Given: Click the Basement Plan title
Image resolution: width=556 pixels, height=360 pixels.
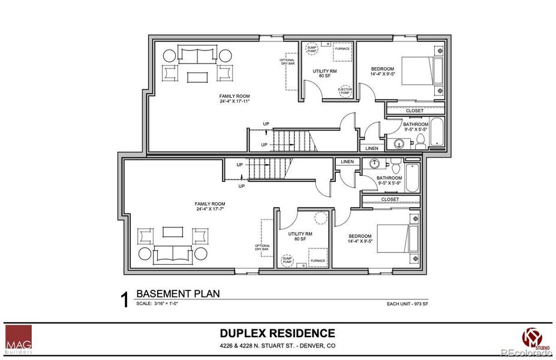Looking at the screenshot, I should click(178, 294).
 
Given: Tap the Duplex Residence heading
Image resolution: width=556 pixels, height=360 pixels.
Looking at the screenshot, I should click(277, 333).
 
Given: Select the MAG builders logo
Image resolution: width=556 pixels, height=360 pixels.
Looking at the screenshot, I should click(19, 338).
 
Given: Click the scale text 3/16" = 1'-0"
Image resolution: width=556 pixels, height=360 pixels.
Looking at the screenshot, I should click(158, 304).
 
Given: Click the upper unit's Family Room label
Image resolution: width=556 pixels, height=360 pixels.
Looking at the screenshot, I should click(234, 98).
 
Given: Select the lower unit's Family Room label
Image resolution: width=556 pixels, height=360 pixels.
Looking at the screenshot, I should click(209, 207).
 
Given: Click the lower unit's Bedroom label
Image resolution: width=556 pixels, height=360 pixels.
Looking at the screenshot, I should click(360, 238).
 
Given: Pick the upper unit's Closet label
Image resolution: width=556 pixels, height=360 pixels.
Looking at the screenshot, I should click(414, 110).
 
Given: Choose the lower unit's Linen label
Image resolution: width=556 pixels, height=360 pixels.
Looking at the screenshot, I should click(347, 162).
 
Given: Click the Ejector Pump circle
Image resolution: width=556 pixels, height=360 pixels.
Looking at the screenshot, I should click(345, 91).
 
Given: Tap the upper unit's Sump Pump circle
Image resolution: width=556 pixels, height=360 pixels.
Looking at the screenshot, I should click(312, 48).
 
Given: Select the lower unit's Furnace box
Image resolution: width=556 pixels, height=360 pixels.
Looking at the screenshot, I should click(318, 258).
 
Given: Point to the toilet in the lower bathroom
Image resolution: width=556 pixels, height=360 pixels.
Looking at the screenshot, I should click(394, 164).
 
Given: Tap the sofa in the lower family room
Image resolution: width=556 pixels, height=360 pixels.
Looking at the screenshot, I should click(173, 254).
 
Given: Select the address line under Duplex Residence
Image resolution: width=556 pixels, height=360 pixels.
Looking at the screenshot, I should click(277, 347).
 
